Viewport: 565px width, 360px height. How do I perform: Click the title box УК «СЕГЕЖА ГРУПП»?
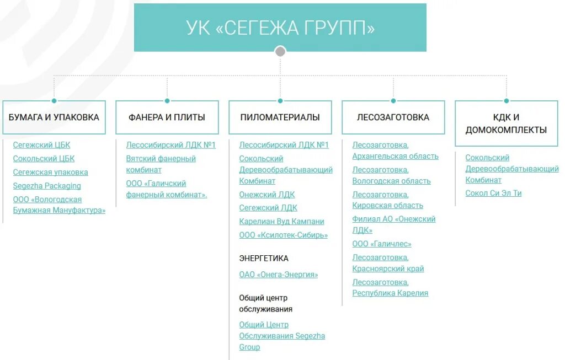[280, 28]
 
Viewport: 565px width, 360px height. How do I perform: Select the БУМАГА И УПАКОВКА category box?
[54, 117]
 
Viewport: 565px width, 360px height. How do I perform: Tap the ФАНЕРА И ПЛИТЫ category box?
[167, 117]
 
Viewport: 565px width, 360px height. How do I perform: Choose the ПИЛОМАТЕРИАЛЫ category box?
[280, 117]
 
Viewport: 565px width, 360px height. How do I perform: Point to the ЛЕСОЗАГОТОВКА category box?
[393, 117]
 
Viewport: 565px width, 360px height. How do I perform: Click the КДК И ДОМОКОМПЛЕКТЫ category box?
[506, 123]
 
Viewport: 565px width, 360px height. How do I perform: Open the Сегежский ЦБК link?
[42, 145]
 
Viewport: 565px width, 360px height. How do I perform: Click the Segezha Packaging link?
[47, 186]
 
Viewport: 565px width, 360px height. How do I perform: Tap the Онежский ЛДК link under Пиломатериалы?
[267, 195]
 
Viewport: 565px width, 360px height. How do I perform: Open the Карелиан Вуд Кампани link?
[281, 221]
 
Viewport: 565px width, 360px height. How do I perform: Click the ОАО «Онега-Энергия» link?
[279, 275]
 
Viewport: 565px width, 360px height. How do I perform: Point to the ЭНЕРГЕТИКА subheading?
[264, 258]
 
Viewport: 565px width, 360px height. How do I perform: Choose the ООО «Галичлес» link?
[382, 244]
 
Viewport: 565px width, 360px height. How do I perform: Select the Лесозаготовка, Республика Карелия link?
[390, 288]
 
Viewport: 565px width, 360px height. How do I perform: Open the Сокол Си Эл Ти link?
[493, 193]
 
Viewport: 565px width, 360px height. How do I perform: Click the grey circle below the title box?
[280, 51]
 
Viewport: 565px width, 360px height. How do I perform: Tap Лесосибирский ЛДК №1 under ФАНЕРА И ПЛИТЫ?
[170, 145]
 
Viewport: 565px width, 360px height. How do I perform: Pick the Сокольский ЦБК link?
[44, 159]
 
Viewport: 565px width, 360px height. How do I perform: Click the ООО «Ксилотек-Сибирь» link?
[284, 235]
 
